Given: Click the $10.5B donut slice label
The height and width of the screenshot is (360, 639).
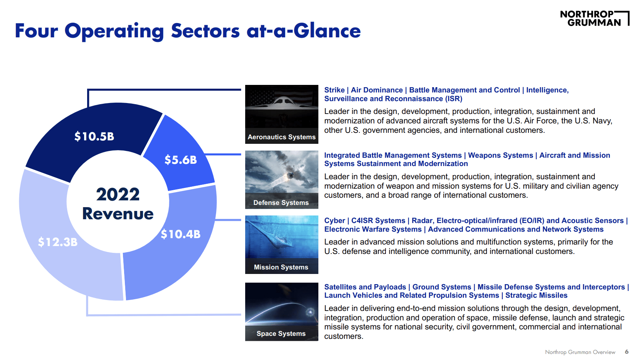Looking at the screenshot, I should coord(94,136).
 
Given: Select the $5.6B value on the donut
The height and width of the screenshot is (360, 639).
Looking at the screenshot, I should coord(180,160).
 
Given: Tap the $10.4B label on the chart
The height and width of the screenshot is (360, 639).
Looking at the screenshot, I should coord(180,234).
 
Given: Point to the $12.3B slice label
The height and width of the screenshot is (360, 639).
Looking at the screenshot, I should coord(57,242).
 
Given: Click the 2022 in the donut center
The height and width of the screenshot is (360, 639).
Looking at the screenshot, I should coord(118,194).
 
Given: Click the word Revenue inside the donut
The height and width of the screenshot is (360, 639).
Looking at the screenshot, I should coord(118,214).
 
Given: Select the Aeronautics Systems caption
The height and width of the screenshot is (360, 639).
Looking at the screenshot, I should coord(281,137).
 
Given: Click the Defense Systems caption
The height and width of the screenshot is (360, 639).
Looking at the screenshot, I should coord(281,203).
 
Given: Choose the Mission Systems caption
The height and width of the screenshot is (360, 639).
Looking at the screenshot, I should coord(281,267).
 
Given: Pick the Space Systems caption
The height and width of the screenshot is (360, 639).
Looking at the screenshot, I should coord(281,334).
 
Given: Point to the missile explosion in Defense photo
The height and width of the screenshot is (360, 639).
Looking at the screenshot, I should coord(290,175).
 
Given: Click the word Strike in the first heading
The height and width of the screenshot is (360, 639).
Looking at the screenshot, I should coord(334,90).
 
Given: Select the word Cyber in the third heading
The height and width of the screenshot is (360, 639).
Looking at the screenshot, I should coord(334,220).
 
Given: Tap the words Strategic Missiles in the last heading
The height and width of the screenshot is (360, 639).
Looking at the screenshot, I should coord(536,295).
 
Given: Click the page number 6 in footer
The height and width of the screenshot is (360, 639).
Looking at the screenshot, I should coord(627,352).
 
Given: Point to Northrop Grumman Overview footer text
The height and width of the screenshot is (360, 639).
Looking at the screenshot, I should coord(580,352).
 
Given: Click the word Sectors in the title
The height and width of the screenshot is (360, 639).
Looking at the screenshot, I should coord(205,31).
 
